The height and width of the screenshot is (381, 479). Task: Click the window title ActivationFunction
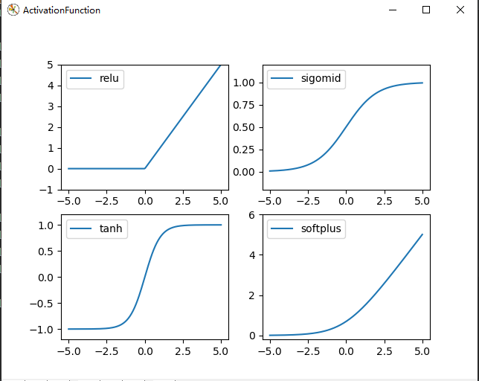pos(62,10)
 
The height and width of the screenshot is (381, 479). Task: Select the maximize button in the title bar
pos(426,10)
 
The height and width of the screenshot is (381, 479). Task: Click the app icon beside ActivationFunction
pos(13,10)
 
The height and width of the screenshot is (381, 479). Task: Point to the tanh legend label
pos(111,229)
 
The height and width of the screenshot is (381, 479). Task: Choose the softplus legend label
pos(321,229)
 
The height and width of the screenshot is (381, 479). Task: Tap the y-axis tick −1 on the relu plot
pos(48,190)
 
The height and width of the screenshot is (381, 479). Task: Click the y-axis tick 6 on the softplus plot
pos(251,215)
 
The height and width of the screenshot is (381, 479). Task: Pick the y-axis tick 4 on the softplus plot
pos(251,255)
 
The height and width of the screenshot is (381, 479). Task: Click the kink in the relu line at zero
pos(145,168)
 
